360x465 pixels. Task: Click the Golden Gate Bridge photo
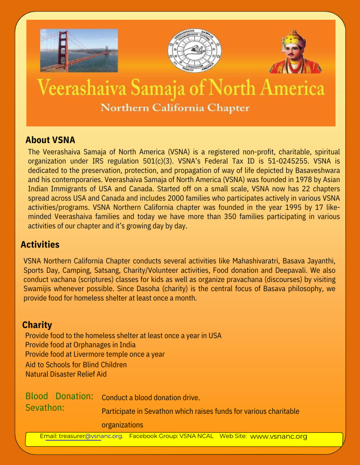[79, 50]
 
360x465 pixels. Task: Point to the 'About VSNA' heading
[50, 140]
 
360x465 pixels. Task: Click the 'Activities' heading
[40, 244]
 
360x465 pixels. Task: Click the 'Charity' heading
[37, 325]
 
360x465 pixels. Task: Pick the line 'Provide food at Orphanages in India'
[80, 345]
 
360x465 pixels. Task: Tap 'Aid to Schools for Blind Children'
[76, 365]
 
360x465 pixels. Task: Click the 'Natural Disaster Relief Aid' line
[66, 374]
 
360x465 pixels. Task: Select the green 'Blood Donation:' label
[60, 396]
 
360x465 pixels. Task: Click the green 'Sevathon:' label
[45, 408]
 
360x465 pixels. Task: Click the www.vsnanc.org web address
[279, 436]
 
